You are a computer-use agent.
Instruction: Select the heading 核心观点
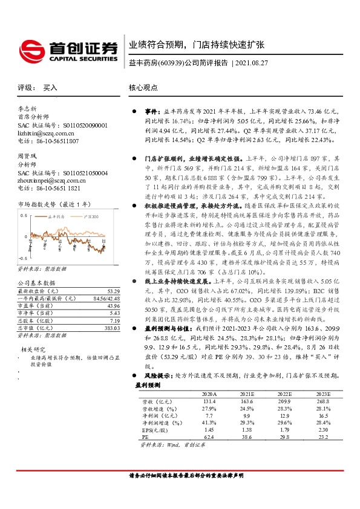pyautogui.click(x=143, y=88)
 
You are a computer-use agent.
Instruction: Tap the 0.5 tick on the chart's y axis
pyautogui.click(x=24, y=215)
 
